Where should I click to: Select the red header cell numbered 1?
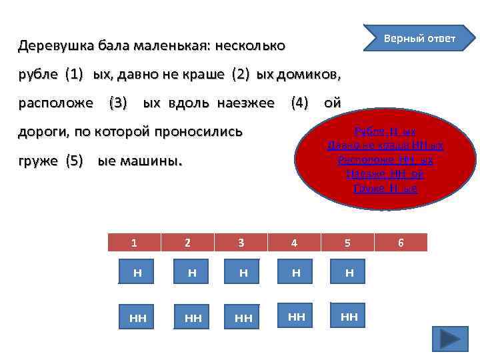tap(134, 243)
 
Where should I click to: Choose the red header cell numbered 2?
tap(187, 243)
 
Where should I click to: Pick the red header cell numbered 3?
tap(241, 243)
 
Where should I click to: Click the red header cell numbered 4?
tap(294, 243)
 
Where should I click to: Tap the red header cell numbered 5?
tap(347, 243)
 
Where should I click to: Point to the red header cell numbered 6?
tap(401, 243)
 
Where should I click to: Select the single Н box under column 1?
tap(137, 273)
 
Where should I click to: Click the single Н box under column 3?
tap(243, 273)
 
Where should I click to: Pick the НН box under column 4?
tap(297, 317)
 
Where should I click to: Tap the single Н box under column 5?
tap(349, 273)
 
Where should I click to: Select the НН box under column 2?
tap(193, 319)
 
